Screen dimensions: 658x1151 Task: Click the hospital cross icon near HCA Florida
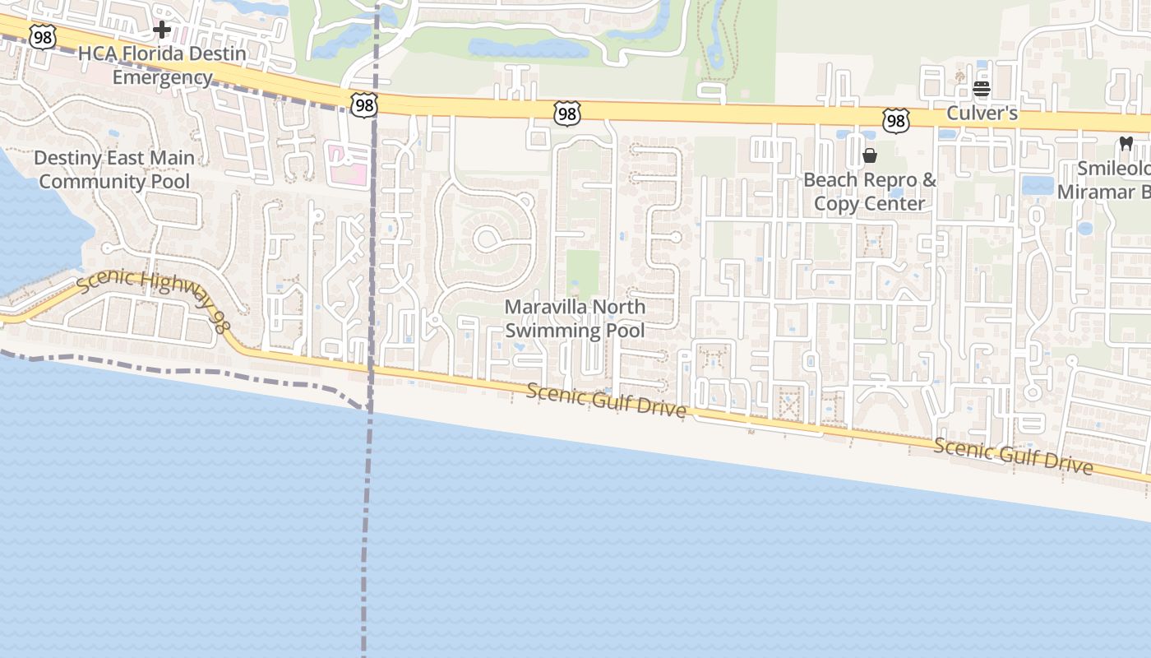(x=162, y=30)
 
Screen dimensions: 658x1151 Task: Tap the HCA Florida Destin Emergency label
(x=162, y=66)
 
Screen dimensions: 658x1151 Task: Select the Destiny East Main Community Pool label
(x=114, y=169)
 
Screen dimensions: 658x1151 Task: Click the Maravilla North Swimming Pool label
(x=575, y=318)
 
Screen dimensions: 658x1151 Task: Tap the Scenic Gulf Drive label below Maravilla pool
(x=606, y=400)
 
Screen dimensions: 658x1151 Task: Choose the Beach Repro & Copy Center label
(x=870, y=191)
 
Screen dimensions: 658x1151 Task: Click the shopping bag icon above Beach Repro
(x=870, y=155)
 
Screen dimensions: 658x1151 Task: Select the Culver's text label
(x=982, y=113)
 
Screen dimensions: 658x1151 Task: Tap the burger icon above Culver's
(x=982, y=89)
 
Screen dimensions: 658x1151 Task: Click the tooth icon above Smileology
(x=1126, y=143)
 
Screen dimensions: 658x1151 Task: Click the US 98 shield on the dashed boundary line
(x=363, y=104)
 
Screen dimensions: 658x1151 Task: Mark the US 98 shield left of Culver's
(x=895, y=121)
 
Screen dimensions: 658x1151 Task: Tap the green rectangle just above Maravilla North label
(x=582, y=272)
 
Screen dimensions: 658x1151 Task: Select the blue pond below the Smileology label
(x=1084, y=228)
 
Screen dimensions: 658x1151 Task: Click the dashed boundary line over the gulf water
(x=365, y=535)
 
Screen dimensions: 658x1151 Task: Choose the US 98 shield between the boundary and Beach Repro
(x=566, y=114)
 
